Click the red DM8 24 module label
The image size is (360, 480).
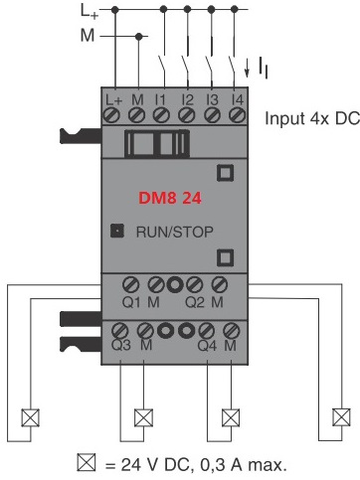tap(170, 198)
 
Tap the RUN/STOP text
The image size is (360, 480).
tap(175, 232)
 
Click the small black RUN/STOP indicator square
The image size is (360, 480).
tap(117, 231)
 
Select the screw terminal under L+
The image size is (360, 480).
tap(111, 115)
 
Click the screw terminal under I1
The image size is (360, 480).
tap(161, 115)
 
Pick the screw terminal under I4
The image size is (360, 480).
tap(238, 115)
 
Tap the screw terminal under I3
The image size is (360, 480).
tap(212, 115)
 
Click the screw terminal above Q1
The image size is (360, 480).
tap(130, 284)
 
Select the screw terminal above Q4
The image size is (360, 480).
tap(207, 331)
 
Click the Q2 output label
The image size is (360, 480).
tap(195, 302)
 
